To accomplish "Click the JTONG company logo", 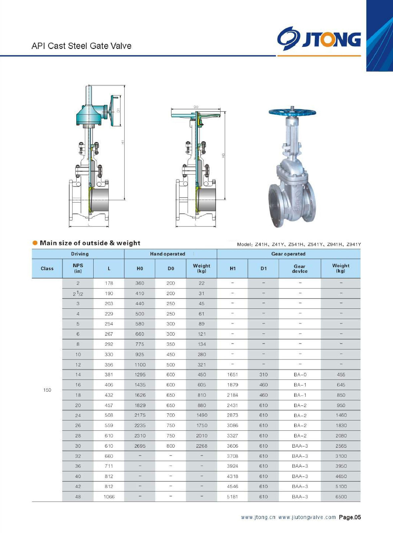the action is [319, 39].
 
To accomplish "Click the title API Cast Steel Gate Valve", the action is [81, 46].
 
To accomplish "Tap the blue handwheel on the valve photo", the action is [292, 112].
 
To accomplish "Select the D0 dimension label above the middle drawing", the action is [196, 107].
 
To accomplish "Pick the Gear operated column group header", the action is [288, 254].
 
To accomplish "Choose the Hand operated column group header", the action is [168, 254].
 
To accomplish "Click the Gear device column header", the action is [299, 268].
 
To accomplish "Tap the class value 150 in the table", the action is [47, 390].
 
